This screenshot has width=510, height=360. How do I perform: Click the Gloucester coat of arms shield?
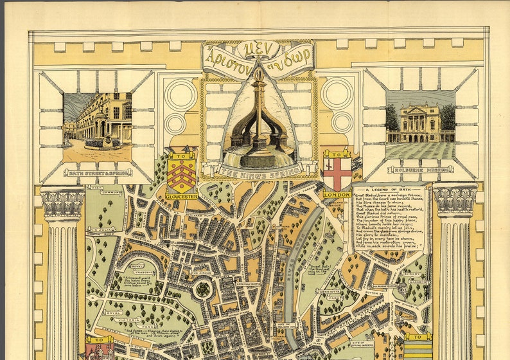(181, 172)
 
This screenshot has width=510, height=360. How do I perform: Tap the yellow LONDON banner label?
(337, 194)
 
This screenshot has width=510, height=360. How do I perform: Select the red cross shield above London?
(337, 172)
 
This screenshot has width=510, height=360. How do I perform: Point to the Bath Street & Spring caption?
(98, 172)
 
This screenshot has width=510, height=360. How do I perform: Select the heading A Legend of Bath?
(388, 190)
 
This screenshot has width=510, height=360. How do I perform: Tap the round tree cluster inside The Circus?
(203, 290)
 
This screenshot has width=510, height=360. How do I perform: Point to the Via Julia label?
(101, 228)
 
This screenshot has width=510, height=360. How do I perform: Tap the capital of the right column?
(455, 200)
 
